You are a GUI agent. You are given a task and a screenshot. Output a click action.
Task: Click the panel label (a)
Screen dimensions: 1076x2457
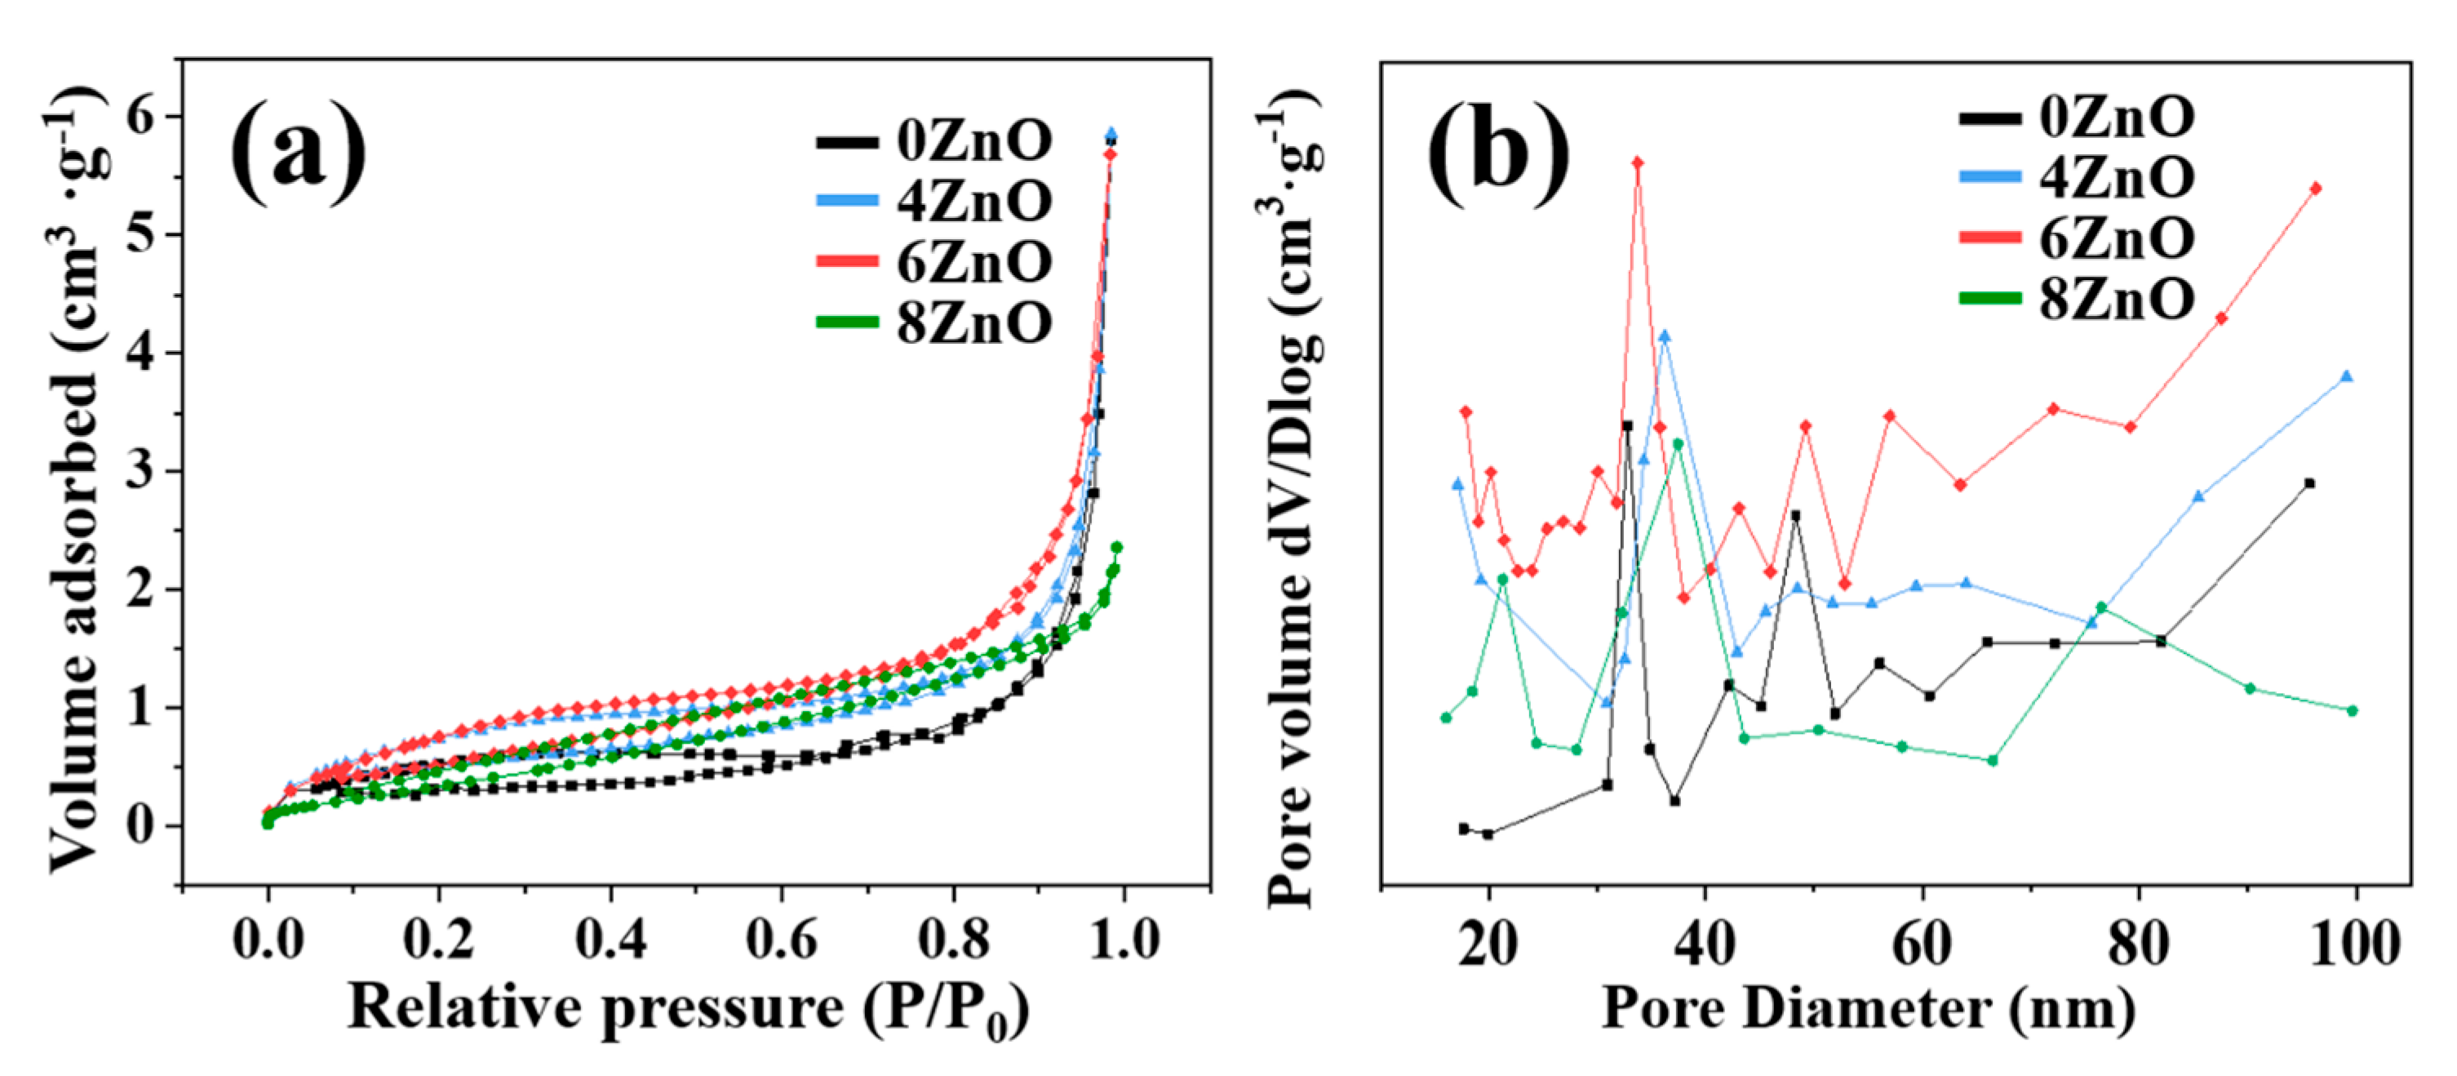point(299,153)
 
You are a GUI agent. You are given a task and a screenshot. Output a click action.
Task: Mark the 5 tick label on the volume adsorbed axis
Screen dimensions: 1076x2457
point(140,233)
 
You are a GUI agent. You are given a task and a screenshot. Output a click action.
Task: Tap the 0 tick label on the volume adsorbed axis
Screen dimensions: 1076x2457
point(140,825)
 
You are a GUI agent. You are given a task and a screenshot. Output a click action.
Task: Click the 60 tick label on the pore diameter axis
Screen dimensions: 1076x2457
point(1921,945)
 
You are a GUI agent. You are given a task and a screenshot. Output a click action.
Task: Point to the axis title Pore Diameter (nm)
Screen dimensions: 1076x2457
point(1869,1008)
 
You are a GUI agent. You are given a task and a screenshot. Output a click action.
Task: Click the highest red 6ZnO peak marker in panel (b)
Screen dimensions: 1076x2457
point(1638,163)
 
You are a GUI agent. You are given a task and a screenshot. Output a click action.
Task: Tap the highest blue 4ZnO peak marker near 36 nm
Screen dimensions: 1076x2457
point(1665,336)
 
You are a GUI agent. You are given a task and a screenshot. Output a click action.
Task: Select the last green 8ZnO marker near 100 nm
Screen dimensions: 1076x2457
point(2352,710)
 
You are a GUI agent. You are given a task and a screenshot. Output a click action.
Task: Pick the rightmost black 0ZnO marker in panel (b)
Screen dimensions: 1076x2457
point(2309,483)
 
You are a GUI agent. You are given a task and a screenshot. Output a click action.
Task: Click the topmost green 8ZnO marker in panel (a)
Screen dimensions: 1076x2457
point(1117,548)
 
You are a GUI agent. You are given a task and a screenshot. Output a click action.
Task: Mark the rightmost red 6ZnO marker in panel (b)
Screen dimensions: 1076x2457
point(2316,189)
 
